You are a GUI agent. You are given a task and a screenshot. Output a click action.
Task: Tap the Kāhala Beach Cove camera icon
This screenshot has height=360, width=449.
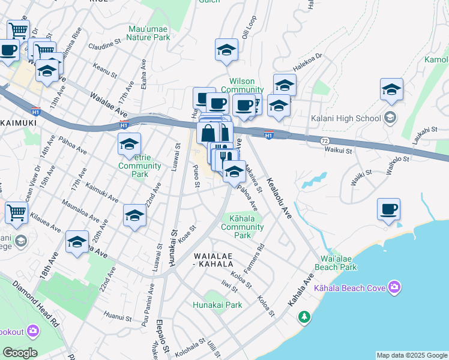pyautogui.click(x=394, y=288)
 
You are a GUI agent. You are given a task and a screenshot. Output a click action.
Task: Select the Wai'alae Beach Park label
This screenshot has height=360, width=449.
pyautogui.click(x=335, y=263)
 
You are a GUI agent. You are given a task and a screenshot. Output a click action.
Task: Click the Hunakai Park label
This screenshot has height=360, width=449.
pyautogui.click(x=217, y=305)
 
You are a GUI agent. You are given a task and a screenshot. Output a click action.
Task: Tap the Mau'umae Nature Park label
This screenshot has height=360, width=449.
pyautogui.click(x=149, y=32)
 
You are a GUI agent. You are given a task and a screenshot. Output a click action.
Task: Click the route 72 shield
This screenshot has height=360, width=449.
pyautogui.click(x=324, y=139)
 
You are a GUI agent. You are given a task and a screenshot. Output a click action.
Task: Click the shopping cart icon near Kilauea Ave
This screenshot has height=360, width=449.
pyautogui.click(x=16, y=212)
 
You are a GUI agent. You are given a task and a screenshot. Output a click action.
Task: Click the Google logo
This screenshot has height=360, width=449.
pyautogui.click(x=20, y=352)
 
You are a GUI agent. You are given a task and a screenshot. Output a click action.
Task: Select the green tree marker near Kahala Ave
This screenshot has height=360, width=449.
pyautogui.click(x=304, y=316)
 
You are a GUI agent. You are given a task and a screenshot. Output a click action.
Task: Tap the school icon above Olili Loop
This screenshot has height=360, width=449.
pyautogui.click(x=226, y=50)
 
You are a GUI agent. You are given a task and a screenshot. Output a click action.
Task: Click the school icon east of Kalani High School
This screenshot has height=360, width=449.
pyautogui.click(x=391, y=90)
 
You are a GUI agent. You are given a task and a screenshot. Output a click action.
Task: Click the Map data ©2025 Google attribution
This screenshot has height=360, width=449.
pyautogui.click(x=412, y=355)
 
